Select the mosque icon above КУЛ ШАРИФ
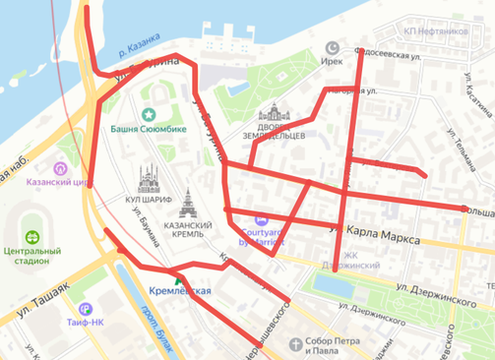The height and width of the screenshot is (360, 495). (148, 178)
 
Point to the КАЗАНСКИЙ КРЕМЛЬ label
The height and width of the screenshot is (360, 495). (187, 232)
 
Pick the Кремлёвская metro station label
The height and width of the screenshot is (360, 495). (180, 292)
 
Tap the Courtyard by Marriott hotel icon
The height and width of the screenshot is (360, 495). (261, 219)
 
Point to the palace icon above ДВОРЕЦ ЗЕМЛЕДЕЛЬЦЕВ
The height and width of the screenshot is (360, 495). (274, 116)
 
